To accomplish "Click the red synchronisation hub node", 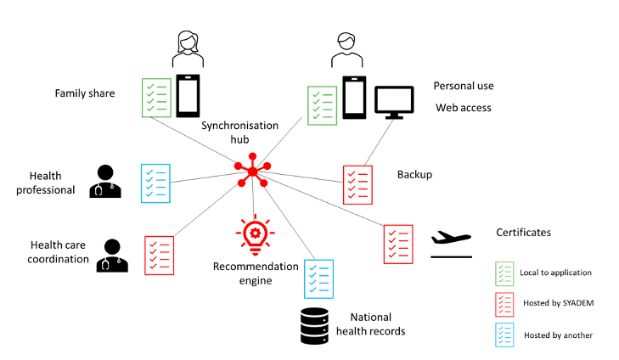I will click(252, 173).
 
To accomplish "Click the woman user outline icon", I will click(188, 48).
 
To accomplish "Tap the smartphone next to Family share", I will click(188, 96).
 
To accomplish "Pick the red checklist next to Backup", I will click(357, 185).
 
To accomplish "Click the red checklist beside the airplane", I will click(398, 243).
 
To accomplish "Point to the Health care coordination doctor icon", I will click(111, 256).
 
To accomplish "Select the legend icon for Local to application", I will click(504, 273).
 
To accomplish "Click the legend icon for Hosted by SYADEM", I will click(504, 304).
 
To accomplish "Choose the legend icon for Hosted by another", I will click(504, 335).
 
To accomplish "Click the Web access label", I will click(464, 108).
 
